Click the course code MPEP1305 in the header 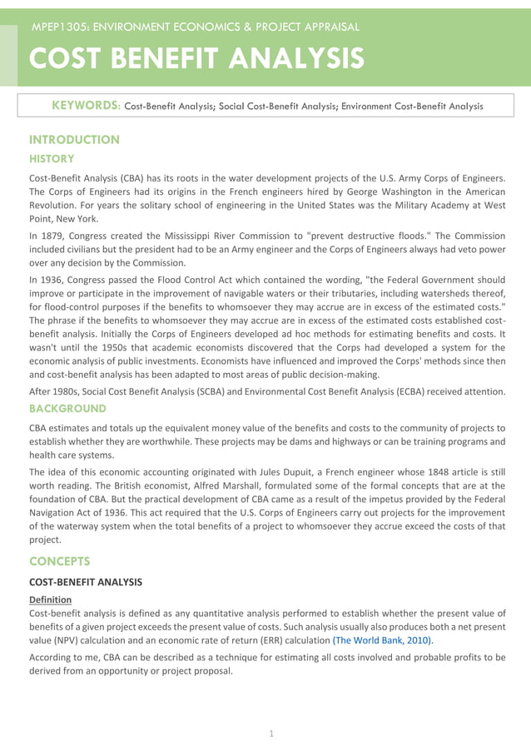[60, 27]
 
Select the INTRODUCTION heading [74, 140]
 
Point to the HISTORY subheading [52, 158]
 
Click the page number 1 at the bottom [270, 733]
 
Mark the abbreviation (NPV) [69, 640]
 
